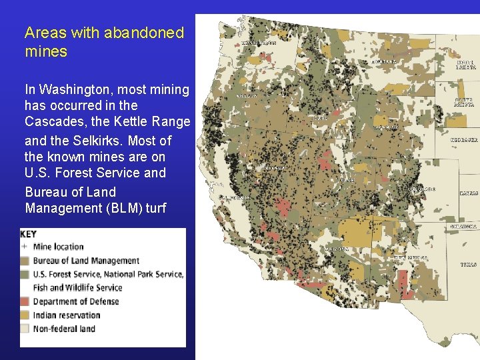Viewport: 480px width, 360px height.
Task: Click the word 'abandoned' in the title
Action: point(143,33)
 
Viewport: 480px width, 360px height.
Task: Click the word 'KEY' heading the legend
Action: point(29,235)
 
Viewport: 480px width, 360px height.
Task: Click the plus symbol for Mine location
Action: point(25,247)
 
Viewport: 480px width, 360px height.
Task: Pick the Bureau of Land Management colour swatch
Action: point(25,261)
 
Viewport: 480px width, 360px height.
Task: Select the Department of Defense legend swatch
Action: point(25,301)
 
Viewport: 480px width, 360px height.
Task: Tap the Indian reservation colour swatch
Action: point(25,315)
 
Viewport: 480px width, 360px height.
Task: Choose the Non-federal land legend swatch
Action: point(25,329)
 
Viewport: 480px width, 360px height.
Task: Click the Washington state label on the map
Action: point(259,43)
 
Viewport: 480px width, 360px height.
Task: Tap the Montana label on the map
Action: point(383,61)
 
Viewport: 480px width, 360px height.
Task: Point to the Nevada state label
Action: point(275,168)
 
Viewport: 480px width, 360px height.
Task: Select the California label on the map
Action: point(235,198)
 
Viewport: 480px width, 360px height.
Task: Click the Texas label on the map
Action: point(469,265)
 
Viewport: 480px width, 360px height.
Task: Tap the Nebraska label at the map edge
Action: point(464,141)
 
